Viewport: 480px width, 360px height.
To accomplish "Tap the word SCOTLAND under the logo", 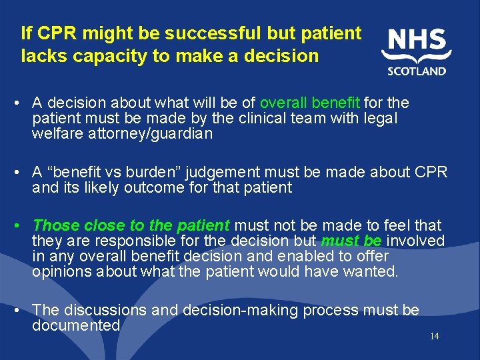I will point(417,71).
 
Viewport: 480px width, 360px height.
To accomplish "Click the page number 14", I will point(434,336).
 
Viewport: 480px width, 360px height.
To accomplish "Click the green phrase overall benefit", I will point(310,103).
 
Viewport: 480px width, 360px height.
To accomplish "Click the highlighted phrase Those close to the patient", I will point(131,225).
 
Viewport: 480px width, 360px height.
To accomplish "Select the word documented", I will point(75,325).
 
